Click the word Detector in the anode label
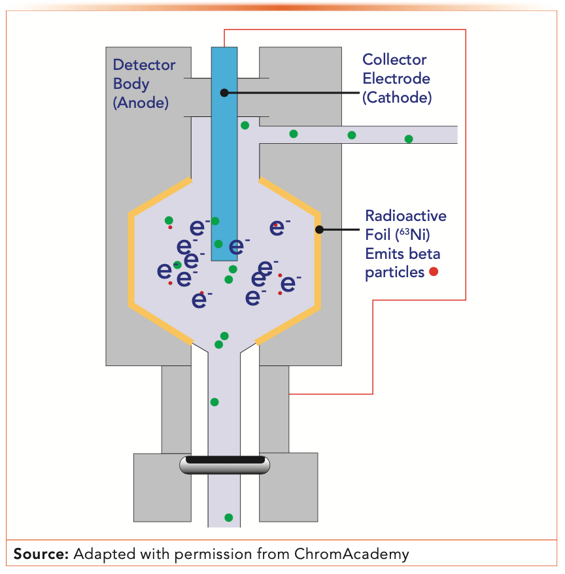tap(145, 65)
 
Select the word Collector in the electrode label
tap(395, 59)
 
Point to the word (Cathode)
tap(398, 97)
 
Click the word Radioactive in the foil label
tap(405, 216)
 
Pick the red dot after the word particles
tap(433, 272)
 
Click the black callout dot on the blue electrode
tap(224, 93)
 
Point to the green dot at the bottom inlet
tap(228, 518)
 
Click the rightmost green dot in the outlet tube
tap(409, 139)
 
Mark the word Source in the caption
tap(41, 554)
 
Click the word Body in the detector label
tap(131, 84)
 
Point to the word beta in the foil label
tap(426, 254)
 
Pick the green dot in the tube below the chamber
tap(214, 401)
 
